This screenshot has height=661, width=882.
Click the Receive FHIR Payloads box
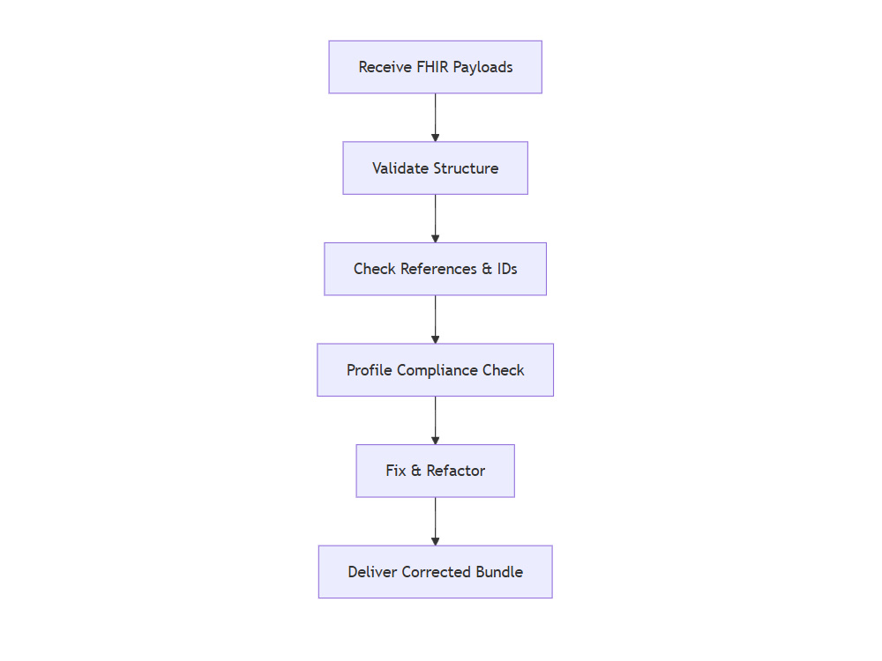[x=436, y=67]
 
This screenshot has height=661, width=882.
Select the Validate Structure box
[x=436, y=168]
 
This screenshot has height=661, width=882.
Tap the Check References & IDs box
[x=436, y=269]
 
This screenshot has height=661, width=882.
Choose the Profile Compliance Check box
[x=436, y=370]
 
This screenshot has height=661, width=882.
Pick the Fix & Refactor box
[x=436, y=471]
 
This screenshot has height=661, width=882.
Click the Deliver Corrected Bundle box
[x=436, y=572]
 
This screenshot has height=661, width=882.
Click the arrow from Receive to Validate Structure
[x=436, y=117]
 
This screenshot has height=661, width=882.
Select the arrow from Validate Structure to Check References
[x=436, y=219]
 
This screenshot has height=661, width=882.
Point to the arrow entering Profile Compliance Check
[x=436, y=319]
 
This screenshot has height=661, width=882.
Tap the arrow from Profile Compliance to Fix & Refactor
[x=436, y=420]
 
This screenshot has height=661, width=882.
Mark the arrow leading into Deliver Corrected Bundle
[x=436, y=522]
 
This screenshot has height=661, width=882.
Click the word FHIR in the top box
[x=432, y=67]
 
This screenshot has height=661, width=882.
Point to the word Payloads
[x=482, y=68]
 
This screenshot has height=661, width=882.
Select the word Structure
[x=466, y=168]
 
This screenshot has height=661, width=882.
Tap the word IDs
[x=507, y=269]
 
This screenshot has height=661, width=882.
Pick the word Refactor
[x=456, y=471]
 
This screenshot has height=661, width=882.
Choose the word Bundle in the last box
[x=499, y=572]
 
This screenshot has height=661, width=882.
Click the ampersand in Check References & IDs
[x=487, y=269]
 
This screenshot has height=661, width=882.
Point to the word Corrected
[x=436, y=572]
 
